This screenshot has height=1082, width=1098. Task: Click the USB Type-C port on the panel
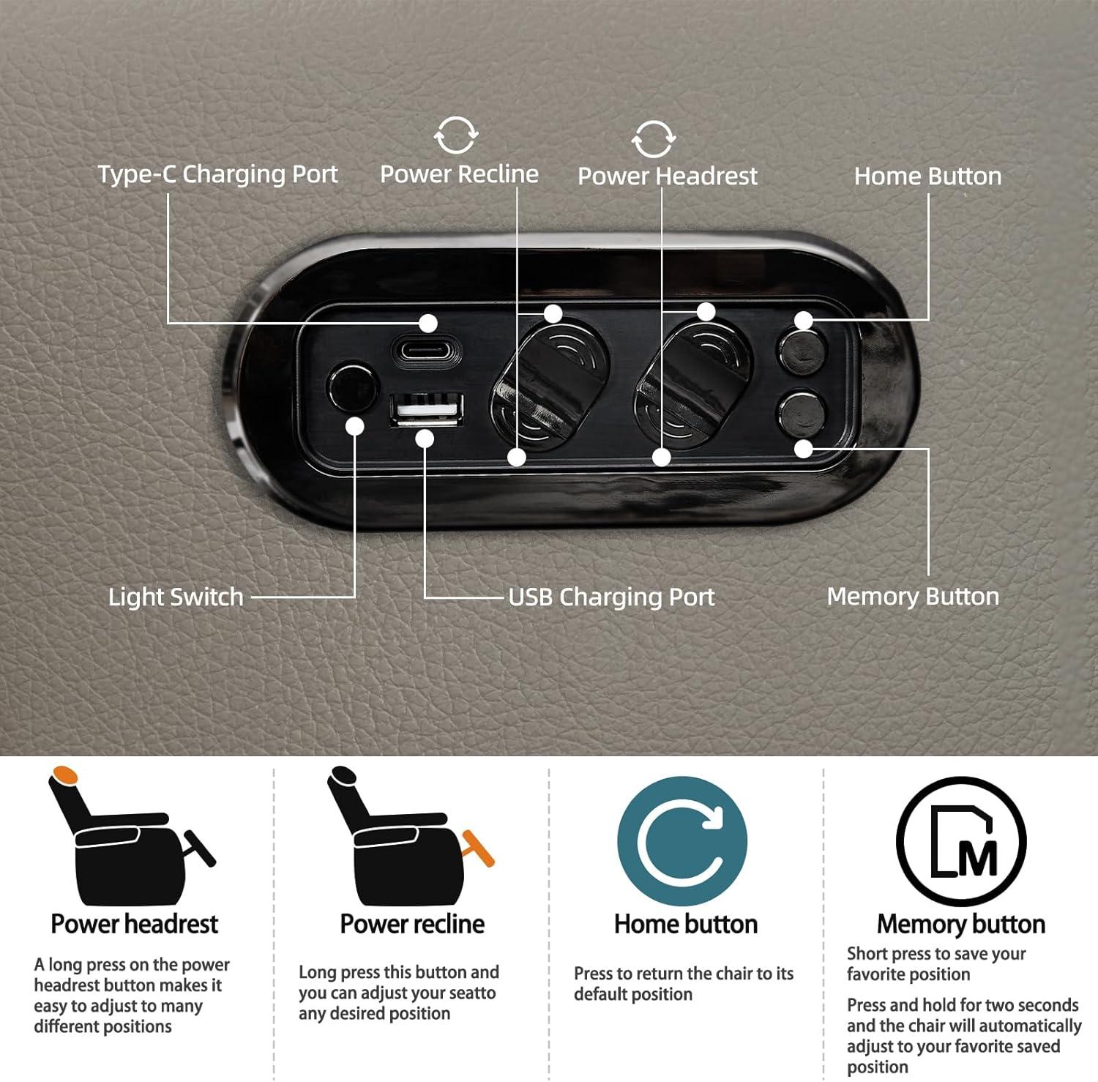click(427, 350)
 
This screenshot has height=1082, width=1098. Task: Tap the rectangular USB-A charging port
click(426, 409)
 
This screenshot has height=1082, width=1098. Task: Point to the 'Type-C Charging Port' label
click(217, 174)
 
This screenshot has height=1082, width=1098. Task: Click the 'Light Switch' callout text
click(176, 597)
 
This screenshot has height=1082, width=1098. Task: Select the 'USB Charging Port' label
click(611, 597)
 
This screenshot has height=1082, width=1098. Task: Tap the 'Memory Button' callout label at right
click(913, 596)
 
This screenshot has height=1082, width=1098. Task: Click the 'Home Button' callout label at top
click(927, 176)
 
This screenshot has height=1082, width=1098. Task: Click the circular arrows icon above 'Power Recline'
click(456, 135)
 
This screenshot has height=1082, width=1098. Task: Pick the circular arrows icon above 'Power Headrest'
click(653, 138)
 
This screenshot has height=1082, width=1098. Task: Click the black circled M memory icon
click(961, 842)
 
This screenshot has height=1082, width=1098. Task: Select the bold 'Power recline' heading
click(412, 924)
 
